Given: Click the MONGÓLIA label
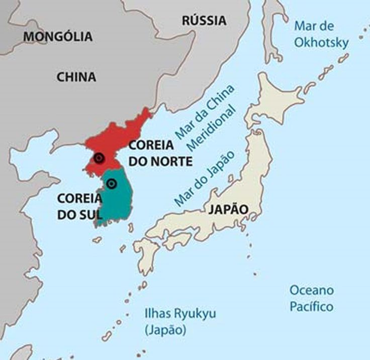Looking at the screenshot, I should (58, 36).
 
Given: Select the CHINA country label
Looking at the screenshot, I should (76, 77).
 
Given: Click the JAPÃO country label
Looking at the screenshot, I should (227, 209).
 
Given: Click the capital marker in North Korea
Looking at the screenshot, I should (99, 157).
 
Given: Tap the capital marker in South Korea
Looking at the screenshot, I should (112, 184).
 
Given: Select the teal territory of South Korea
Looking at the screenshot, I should (120, 203).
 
